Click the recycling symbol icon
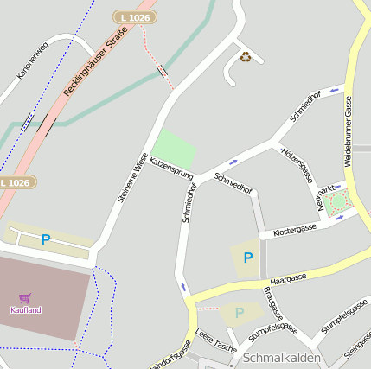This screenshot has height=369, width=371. click(x=246, y=57)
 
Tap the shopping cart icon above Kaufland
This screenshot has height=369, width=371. click(x=25, y=298)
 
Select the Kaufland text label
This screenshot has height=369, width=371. click(x=25, y=309)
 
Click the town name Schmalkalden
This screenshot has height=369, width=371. click(x=282, y=358)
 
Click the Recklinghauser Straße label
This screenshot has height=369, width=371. click(x=95, y=61)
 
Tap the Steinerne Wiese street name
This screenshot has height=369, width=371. click(x=132, y=177)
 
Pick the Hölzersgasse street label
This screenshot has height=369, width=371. click(x=297, y=164)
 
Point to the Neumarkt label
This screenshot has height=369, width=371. click(x=326, y=198)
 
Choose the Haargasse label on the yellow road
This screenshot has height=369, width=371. click(x=288, y=279)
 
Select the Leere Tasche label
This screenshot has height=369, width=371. click(x=215, y=340)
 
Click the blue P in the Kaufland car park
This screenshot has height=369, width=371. click(x=46, y=239)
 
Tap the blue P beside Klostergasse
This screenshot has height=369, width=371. click(x=248, y=258)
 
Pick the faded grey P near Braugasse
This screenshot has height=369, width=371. click(x=240, y=312)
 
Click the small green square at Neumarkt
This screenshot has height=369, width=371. click(x=337, y=202)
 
